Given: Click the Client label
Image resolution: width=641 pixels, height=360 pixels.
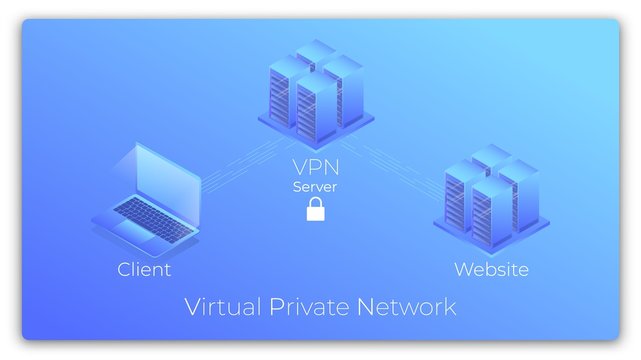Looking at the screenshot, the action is pyautogui.click(x=144, y=269).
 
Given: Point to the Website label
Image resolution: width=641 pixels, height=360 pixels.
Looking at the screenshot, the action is pyautogui.click(x=491, y=269).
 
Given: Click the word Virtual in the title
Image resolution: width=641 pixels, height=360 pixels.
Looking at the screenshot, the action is pyautogui.click(x=223, y=306).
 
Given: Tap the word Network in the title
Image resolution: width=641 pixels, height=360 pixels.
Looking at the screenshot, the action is pyautogui.click(x=407, y=306).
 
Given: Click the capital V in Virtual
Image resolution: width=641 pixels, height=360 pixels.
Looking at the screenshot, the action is pyautogui.click(x=193, y=306).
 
